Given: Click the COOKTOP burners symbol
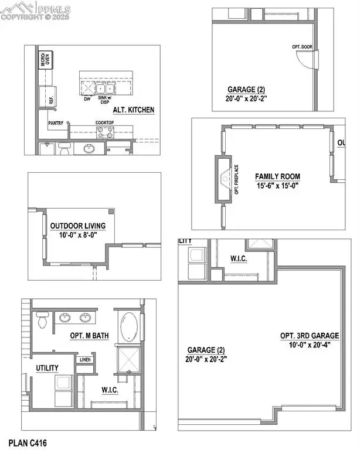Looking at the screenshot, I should (x=106, y=132).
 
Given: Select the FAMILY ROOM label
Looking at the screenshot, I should (x=277, y=176).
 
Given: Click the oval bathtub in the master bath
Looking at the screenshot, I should (x=128, y=326).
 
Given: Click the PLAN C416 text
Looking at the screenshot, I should (x=28, y=442).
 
